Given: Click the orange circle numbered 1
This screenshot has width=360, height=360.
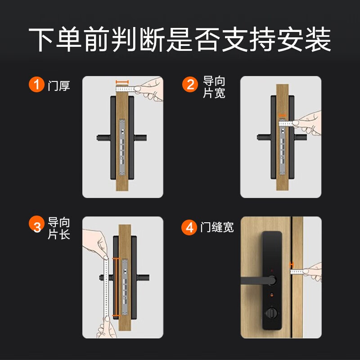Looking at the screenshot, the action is (36, 84).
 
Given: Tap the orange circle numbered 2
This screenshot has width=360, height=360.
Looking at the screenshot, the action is (190, 84).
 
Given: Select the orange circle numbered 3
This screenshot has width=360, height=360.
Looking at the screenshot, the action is (36, 224).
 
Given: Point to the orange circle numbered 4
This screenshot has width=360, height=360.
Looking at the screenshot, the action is (189, 227).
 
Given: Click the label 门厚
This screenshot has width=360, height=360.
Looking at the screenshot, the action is (59, 85).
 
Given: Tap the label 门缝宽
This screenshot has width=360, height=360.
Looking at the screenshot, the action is (217, 227).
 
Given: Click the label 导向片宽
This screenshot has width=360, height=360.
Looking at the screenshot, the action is (214, 87).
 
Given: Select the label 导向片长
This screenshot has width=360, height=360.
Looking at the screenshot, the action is (59, 228).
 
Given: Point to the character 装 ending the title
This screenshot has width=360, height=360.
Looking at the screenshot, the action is (318, 39).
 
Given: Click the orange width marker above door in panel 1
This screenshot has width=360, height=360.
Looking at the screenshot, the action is (122, 82).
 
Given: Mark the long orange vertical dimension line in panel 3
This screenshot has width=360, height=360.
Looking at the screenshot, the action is (116, 287).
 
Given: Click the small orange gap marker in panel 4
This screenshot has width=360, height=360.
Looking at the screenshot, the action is (292, 265).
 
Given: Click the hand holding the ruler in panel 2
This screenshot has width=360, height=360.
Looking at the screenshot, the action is (308, 123).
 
